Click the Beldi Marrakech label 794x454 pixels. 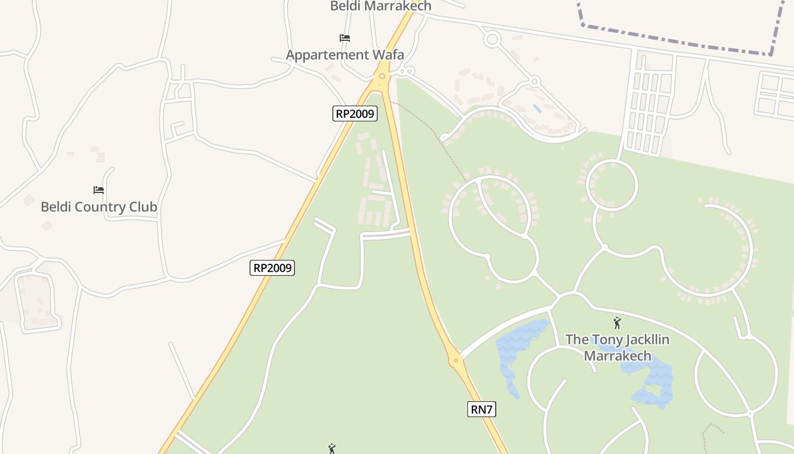point(381,6)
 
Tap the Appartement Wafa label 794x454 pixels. point(345,55)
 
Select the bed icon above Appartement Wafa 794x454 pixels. point(345,38)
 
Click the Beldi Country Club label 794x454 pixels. point(99,207)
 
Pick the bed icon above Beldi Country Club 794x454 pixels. point(99,190)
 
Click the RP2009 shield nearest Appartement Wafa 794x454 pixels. point(354,113)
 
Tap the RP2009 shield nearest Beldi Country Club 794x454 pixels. point(272,268)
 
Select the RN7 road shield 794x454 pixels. point(482,409)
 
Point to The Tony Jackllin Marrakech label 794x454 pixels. point(617,348)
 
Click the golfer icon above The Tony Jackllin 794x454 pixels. point(617,323)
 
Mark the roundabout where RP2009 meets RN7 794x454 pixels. point(382,76)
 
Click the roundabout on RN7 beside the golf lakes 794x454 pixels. point(455,360)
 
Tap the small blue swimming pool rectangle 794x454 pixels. point(537,108)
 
